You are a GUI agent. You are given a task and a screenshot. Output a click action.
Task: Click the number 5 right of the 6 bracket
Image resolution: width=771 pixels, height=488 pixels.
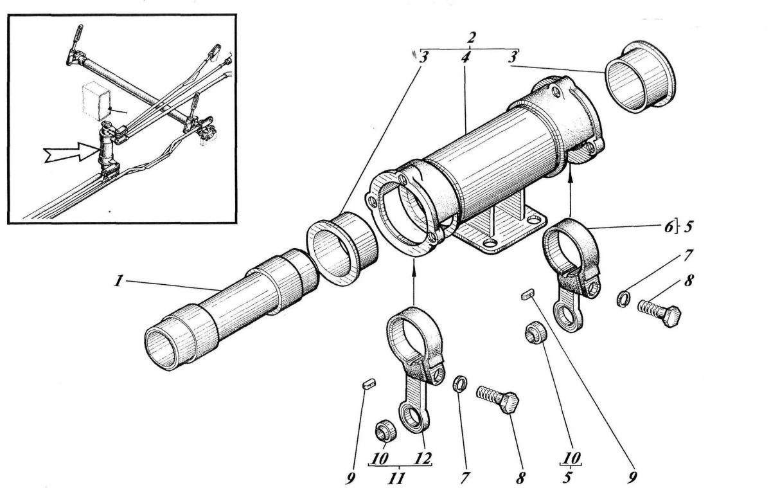click(x=689, y=226)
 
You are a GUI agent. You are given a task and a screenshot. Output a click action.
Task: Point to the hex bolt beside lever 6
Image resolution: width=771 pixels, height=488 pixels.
click(x=658, y=314)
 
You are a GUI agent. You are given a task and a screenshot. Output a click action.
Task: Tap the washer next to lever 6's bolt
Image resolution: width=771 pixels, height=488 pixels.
click(x=623, y=299)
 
